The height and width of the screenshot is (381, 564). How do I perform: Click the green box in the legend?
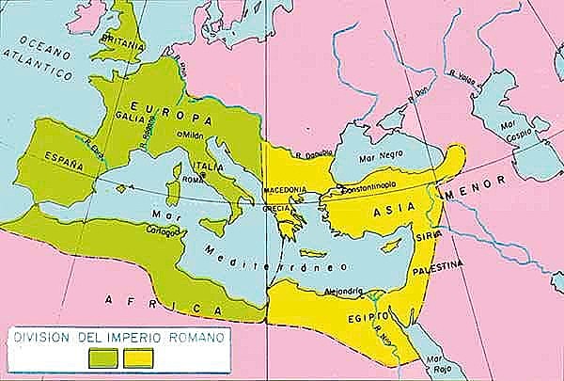[x=104, y=357]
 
